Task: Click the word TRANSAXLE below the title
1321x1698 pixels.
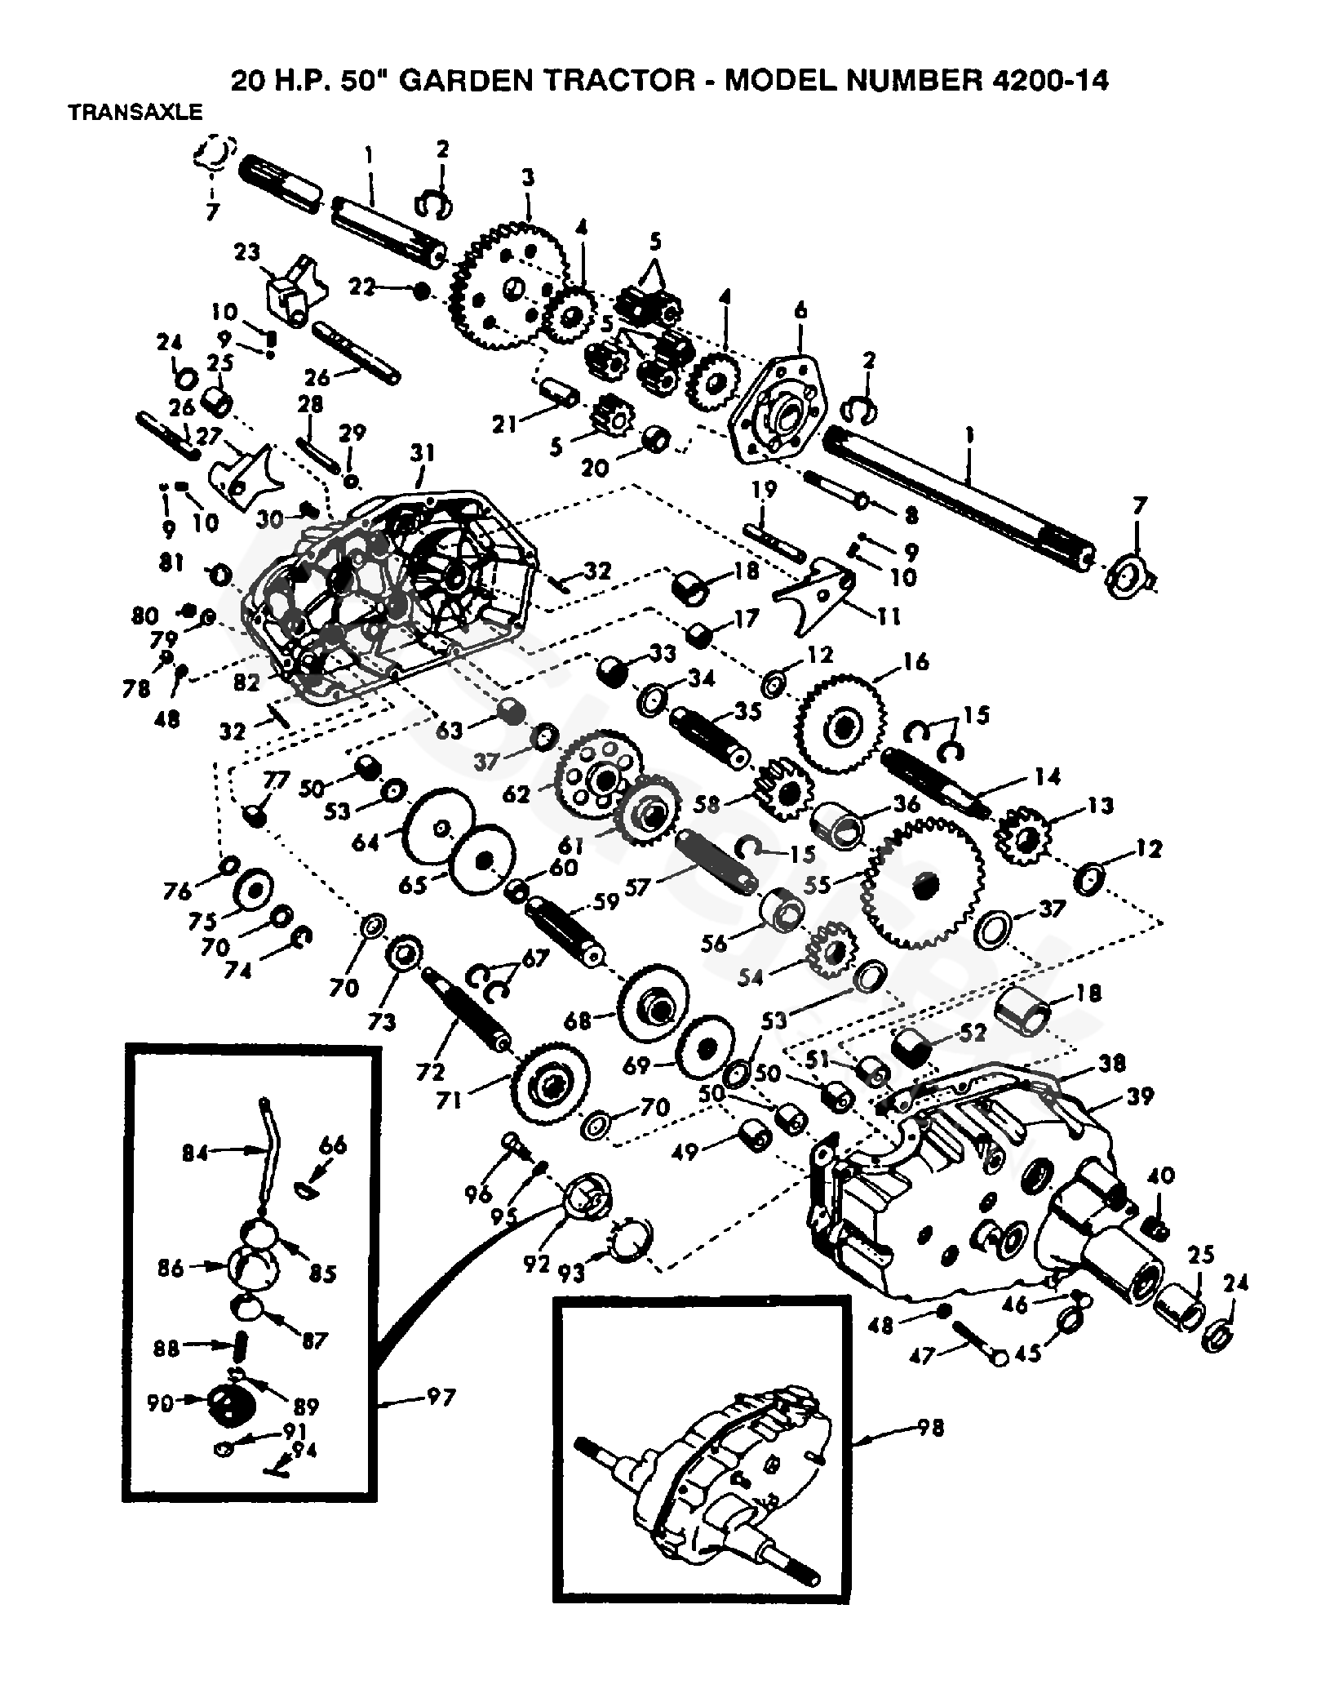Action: point(135,113)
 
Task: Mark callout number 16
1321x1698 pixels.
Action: point(915,661)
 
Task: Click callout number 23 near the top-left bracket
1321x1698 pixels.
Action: point(247,254)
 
